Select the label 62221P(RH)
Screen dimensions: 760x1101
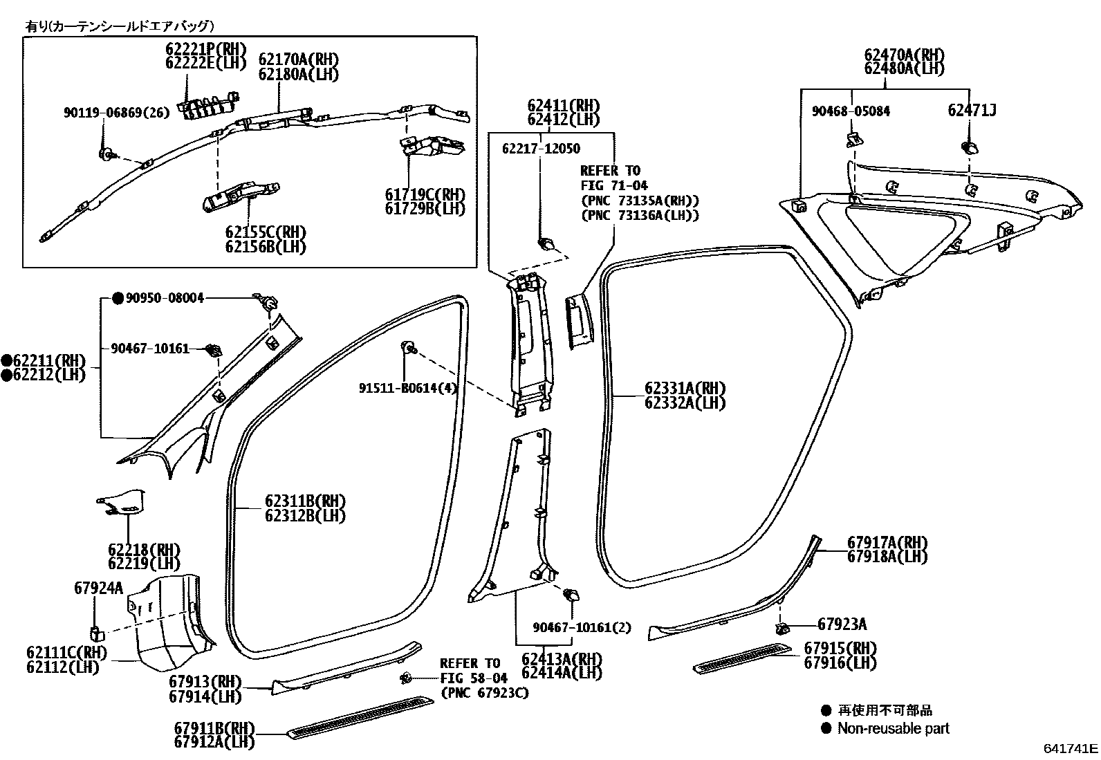(x=205, y=48)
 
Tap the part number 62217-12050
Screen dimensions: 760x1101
(x=541, y=149)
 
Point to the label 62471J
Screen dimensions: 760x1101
(x=972, y=111)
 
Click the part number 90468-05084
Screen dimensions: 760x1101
(x=851, y=111)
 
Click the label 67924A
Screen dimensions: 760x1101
(x=98, y=588)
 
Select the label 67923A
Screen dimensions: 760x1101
(x=842, y=624)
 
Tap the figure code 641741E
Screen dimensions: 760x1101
(x=1071, y=748)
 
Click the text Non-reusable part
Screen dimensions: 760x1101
(x=893, y=728)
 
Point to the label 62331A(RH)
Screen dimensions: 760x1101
(x=685, y=388)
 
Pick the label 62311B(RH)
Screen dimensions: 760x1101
(x=304, y=501)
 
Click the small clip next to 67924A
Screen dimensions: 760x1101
(x=97, y=631)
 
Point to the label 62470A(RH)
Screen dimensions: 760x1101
(x=904, y=54)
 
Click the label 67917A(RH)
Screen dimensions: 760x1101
(x=887, y=542)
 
